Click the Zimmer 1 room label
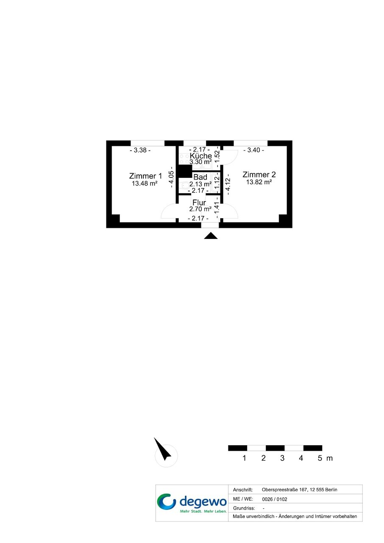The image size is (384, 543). [x=145, y=176]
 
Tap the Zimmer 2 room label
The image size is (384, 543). [x=259, y=175]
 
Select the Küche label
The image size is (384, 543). [x=200, y=155]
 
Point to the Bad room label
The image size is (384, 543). [x=200, y=177]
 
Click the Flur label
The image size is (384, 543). [x=199, y=202]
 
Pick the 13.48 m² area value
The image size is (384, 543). [x=145, y=183]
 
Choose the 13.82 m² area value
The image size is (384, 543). [x=259, y=182]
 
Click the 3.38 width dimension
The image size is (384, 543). [x=140, y=150]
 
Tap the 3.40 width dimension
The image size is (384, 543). [x=253, y=150]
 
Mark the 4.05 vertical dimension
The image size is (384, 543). [x=172, y=177]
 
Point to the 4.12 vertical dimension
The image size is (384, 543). [x=228, y=184]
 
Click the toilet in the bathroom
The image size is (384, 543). [x=184, y=186]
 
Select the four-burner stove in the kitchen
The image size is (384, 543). [x=184, y=158]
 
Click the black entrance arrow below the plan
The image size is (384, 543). [x=211, y=235]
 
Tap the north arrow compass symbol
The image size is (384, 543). [x=163, y=449]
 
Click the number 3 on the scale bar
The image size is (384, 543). [x=282, y=458]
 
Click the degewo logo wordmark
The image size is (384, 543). [x=203, y=502]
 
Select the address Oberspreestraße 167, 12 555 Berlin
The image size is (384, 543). [x=299, y=490]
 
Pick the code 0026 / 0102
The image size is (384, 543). [x=275, y=499]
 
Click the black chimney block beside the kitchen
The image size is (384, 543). [x=185, y=172]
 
